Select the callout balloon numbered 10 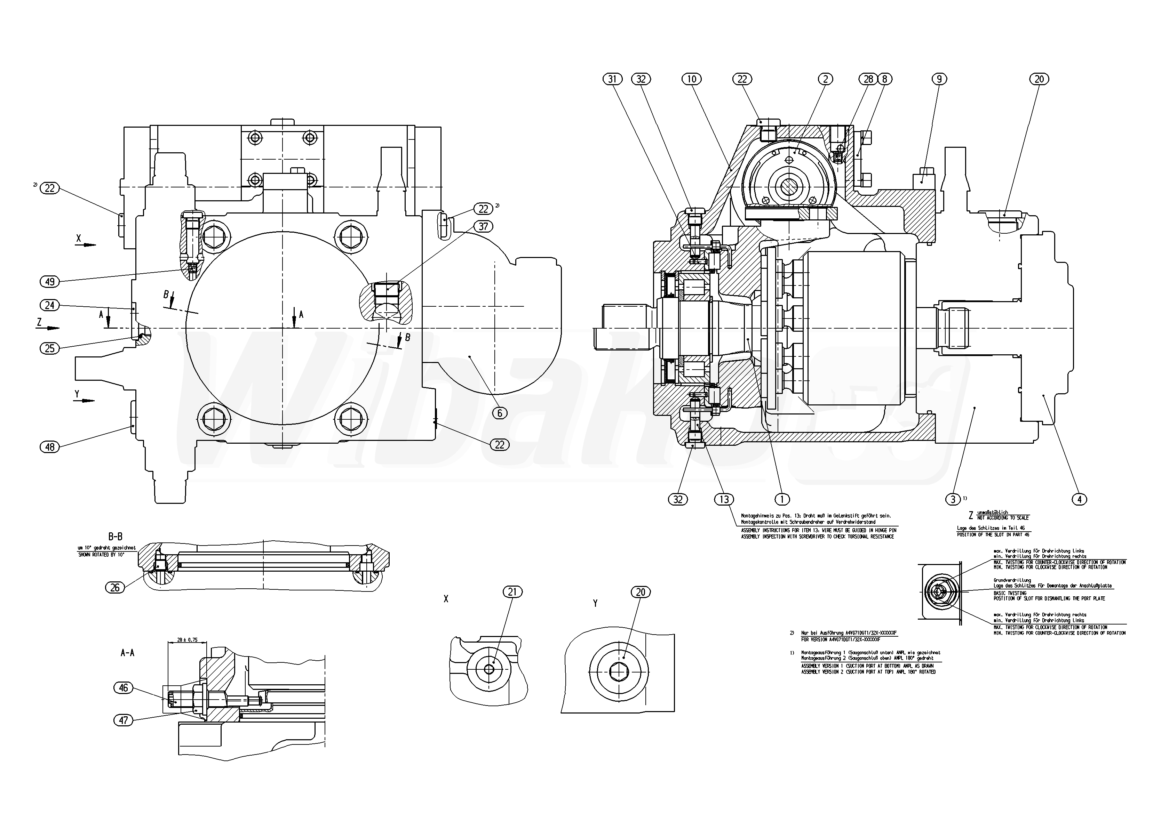point(692,79)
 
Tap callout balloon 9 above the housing point(939,79)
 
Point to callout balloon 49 point(50,282)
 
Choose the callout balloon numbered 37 point(483,226)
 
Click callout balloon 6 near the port point(499,413)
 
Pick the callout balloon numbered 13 point(724,499)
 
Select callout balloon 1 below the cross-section point(782,499)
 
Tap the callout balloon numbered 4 point(1079,499)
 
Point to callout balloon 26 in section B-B point(115,587)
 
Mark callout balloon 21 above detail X point(512,592)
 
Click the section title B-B point(115,536)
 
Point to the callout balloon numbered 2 point(825,79)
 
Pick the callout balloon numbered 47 point(124,720)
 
